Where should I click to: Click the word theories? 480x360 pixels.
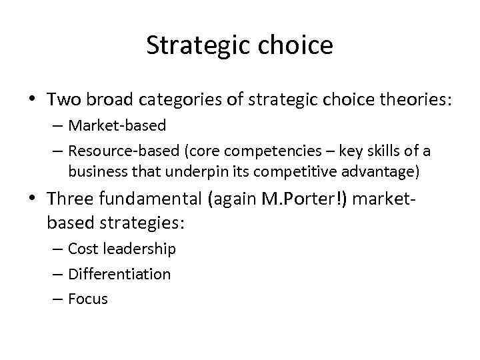point(413,100)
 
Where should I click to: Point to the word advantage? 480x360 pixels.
point(383,171)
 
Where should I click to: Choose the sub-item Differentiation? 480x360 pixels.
point(119,274)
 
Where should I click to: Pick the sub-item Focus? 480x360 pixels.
point(87,299)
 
